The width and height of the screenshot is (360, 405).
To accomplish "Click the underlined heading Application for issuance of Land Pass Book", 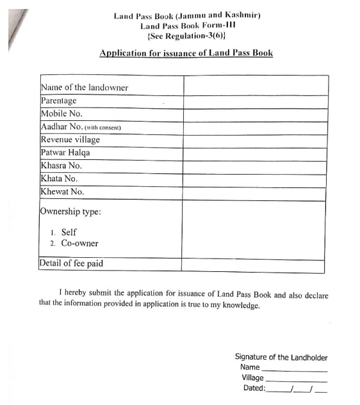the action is (186, 52).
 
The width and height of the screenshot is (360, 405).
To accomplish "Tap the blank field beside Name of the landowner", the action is (254, 86).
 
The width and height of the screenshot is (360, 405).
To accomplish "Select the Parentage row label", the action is (58, 100).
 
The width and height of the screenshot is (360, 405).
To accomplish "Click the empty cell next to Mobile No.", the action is (254, 114).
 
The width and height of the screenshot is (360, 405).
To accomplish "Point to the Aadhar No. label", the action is (61, 127).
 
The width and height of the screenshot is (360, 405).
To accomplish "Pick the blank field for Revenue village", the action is (254, 139).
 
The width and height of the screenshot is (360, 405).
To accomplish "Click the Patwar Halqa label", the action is (65, 153).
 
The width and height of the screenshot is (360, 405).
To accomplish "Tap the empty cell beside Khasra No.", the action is (254, 166).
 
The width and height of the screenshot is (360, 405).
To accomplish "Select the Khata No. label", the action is (58, 179).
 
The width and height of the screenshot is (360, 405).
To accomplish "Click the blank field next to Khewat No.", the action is (254, 192).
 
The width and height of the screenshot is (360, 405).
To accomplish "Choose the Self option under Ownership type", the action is (69, 232).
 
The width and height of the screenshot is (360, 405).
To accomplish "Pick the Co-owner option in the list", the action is (79, 244).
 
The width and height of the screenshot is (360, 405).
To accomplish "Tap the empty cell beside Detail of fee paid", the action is (254, 263).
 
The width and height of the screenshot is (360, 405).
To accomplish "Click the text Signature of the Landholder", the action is (281, 357).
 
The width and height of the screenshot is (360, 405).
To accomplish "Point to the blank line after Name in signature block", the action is (294, 369).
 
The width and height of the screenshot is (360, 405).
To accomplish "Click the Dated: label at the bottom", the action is (254, 388).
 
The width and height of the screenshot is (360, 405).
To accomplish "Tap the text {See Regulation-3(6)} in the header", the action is (186, 37).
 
